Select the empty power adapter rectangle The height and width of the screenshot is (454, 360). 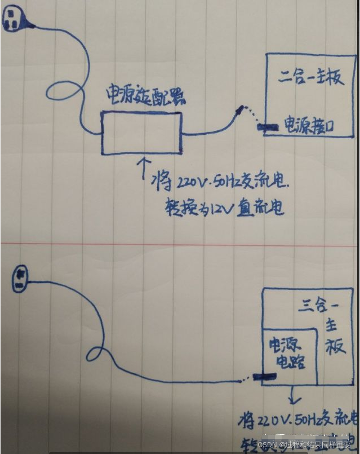coord(141,133)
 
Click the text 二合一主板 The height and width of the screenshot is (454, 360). coord(310,77)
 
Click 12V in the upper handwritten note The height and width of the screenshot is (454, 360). coord(220,208)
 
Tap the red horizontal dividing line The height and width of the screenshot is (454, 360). coord(180,244)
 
